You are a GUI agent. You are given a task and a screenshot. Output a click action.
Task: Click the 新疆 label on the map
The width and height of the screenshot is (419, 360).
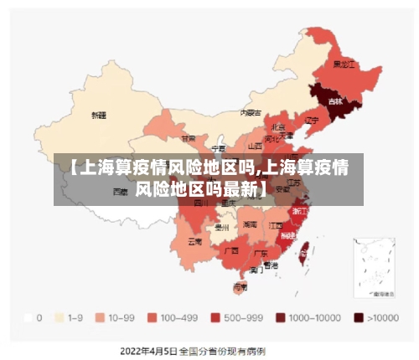[99, 114]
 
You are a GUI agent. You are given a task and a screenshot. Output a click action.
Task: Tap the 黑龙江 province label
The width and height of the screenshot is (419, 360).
[344, 64]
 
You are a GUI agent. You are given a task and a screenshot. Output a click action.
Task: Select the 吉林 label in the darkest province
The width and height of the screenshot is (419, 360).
[335, 101]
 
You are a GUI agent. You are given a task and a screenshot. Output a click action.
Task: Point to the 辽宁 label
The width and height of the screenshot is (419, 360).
[312, 120]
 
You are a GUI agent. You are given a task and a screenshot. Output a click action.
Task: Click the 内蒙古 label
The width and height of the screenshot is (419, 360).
[251, 111]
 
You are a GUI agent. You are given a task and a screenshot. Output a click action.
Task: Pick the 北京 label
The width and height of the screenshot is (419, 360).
[278, 126]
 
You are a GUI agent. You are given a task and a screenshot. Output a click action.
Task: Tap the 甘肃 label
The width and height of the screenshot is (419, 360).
[189, 138]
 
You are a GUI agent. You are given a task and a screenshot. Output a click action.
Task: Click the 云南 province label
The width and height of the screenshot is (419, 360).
[194, 241]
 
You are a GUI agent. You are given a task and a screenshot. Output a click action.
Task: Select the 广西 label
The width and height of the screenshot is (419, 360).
[231, 249]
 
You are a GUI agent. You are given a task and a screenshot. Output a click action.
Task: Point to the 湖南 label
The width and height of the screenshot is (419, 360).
[250, 224]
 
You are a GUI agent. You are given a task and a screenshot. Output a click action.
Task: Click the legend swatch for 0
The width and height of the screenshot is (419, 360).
[28, 318]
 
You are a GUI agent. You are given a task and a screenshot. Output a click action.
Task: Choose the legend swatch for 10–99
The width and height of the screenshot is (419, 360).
[100, 318]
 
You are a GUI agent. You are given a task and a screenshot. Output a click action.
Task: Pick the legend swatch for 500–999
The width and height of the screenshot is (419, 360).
[215, 318]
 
